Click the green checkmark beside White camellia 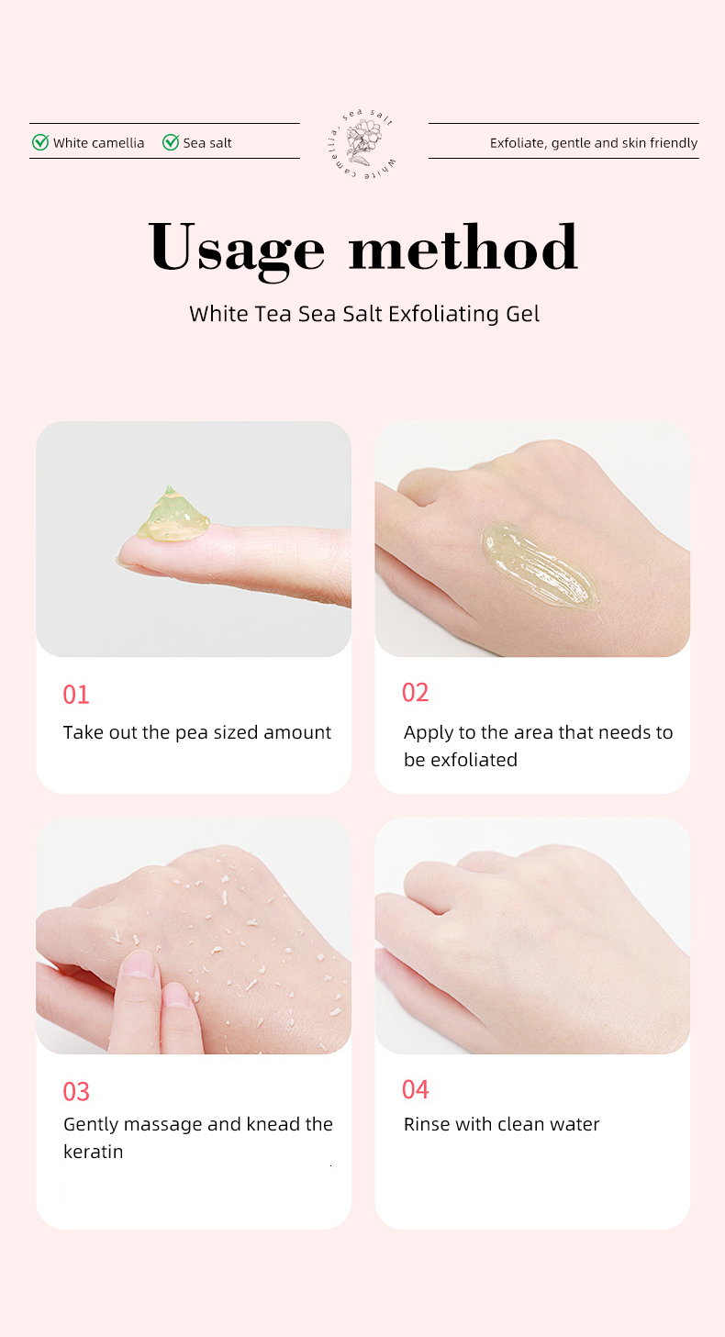pyautogui.click(x=40, y=142)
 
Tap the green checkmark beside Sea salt pyautogui.click(x=170, y=142)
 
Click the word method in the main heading pyautogui.click(x=463, y=248)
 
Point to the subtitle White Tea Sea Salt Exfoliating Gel pyautogui.click(x=364, y=314)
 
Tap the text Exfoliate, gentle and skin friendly pyautogui.click(x=593, y=143)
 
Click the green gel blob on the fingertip pyautogui.click(x=172, y=516)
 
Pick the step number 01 pyautogui.click(x=76, y=695)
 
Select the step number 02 pyautogui.click(x=416, y=693)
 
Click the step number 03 pyautogui.click(x=76, y=1092)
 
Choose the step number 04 pyautogui.click(x=416, y=1089)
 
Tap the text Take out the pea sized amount pyautogui.click(x=197, y=732)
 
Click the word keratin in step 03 pyautogui.click(x=93, y=1152)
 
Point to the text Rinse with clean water pyautogui.click(x=502, y=1124)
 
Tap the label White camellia pyautogui.click(x=98, y=143)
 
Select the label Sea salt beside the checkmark pyautogui.click(x=207, y=143)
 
